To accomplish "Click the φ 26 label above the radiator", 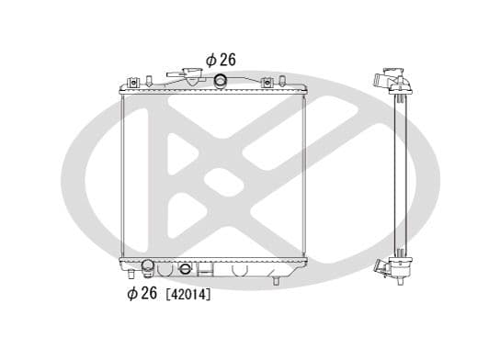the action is [221, 60].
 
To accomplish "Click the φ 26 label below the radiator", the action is [142, 293].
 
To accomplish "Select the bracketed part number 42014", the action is [188, 295].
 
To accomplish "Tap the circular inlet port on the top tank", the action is [220, 81].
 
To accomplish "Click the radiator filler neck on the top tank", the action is [188, 75].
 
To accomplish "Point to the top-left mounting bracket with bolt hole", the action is [133, 83].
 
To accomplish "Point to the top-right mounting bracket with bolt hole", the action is [267, 83].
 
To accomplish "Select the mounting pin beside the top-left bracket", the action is [148, 81].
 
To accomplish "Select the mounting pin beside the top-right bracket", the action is [281, 81].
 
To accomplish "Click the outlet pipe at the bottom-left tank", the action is [148, 267].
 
